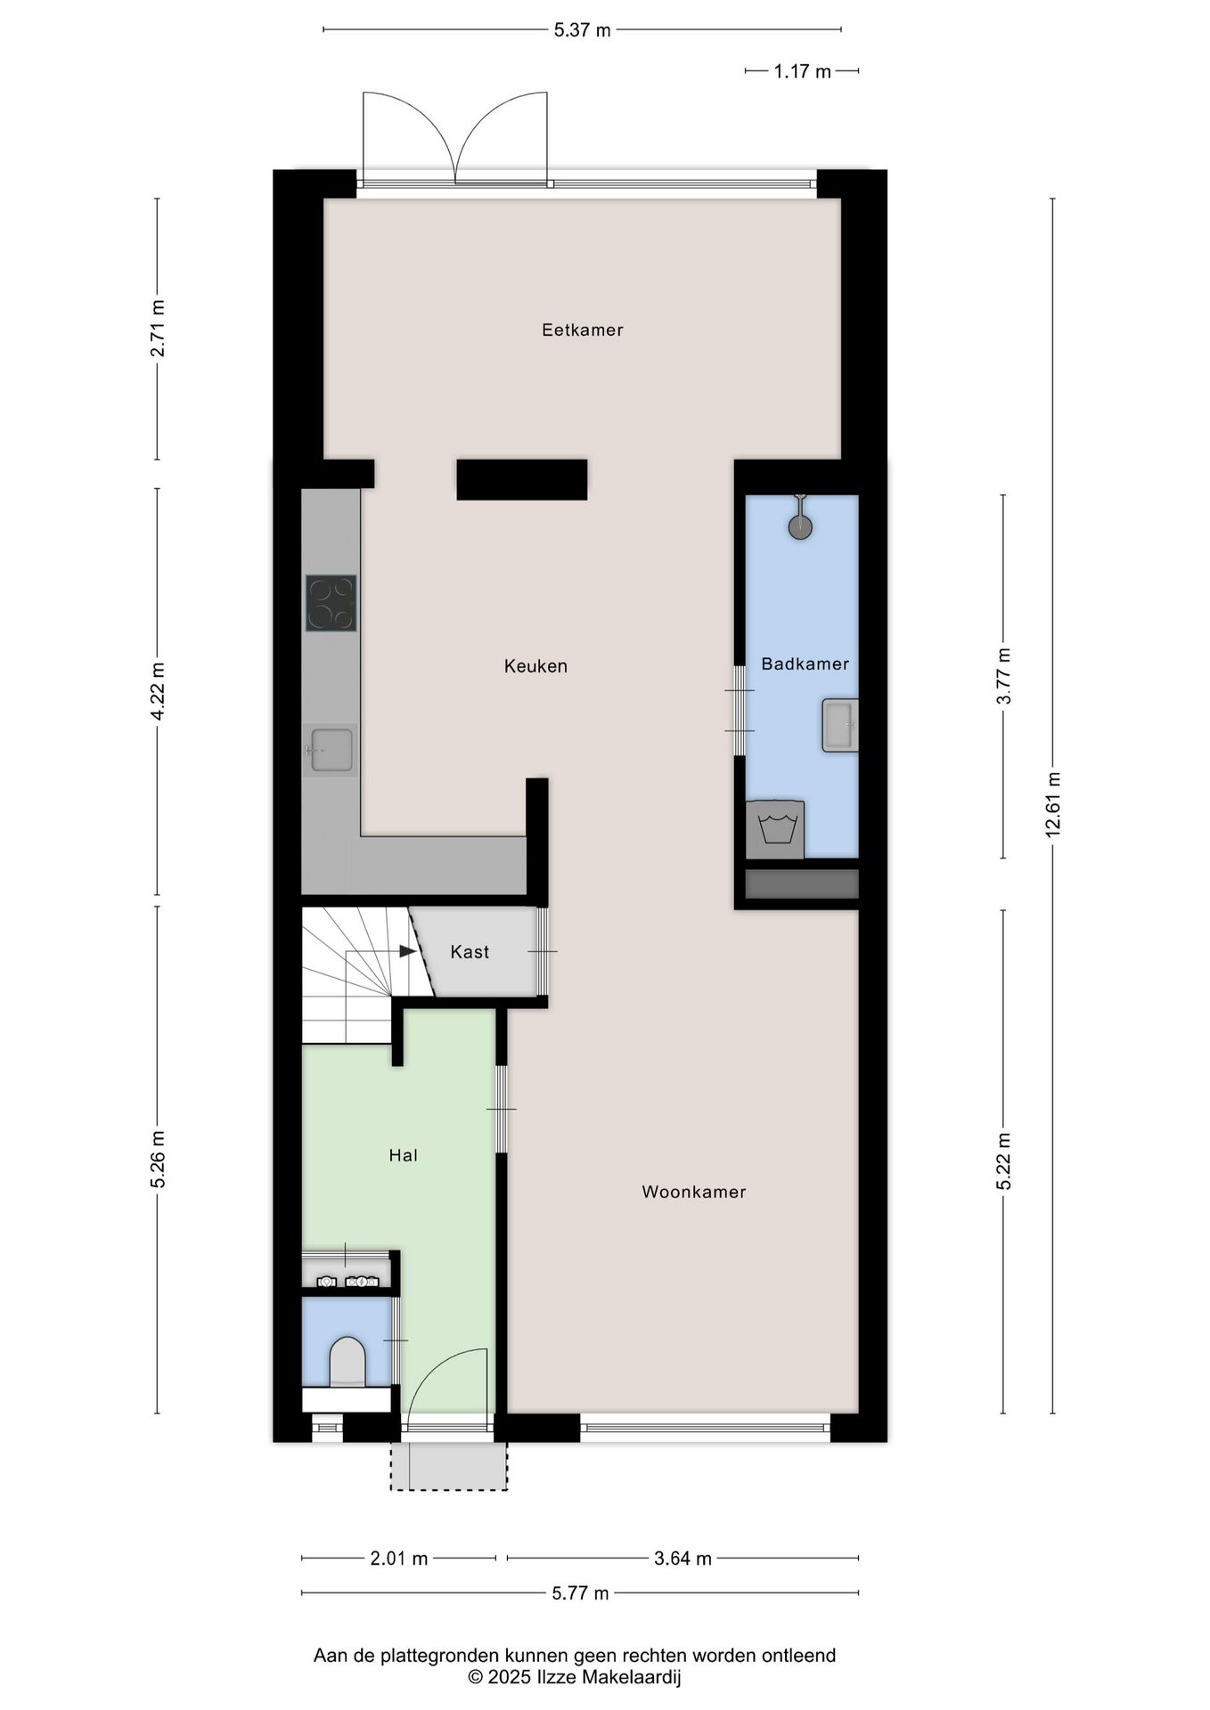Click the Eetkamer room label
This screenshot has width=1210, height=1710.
click(x=583, y=330)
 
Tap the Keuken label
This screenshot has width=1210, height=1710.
click(x=536, y=665)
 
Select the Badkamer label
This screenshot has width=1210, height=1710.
click(x=805, y=664)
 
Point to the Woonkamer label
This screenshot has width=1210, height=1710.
click(x=694, y=1192)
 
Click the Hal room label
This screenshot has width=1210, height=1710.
click(x=404, y=1155)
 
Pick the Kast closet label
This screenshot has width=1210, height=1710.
click(x=470, y=952)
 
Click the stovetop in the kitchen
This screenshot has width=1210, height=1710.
click(x=331, y=603)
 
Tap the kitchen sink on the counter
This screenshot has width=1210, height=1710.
click(x=331, y=750)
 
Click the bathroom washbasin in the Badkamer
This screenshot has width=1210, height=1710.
click(x=840, y=725)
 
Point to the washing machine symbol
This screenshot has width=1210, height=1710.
click(x=774, y=830)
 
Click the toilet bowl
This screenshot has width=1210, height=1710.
click(x=347, y=1361)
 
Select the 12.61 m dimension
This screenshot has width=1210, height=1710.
click(x=1053, y=804)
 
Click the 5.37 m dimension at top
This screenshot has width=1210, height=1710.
click(x=583, y=29)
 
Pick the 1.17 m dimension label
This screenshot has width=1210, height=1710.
click(x=802, y=71)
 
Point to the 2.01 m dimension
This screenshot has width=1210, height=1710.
click(x=399, y=1558)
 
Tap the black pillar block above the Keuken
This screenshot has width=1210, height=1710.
click(x=522, y=479)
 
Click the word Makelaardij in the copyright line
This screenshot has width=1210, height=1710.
click(x=632, y=1678)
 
